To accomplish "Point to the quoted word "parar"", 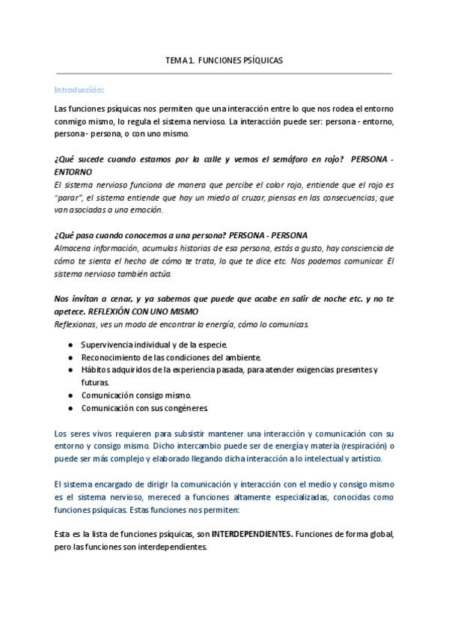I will [67, 197].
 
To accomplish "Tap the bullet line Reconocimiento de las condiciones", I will [160, 359].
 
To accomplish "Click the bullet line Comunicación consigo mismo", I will [137, 395].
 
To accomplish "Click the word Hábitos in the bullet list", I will [95, 370].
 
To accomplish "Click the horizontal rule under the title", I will [224, 73].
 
